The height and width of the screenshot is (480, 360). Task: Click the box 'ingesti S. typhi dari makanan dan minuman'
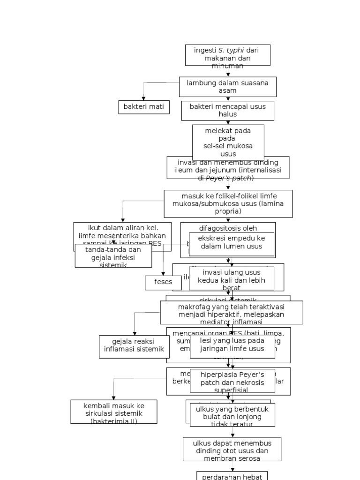click(228, 55)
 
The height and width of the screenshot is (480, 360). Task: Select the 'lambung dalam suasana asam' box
click(228, 87)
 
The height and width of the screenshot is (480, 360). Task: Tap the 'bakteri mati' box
click(143, 107)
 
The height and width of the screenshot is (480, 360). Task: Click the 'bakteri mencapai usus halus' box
click(228, 111)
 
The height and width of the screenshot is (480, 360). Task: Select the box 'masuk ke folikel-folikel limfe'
click(228, 204)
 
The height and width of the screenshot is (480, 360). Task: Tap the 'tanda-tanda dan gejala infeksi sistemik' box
click(113, 256)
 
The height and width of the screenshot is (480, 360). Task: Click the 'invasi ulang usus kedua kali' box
click(232, 280)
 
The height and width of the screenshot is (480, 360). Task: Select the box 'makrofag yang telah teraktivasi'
click(231, 313)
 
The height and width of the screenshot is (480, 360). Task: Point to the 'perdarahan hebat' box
click(232, 476)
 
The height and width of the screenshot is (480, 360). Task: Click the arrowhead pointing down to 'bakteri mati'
click(143, 98)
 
